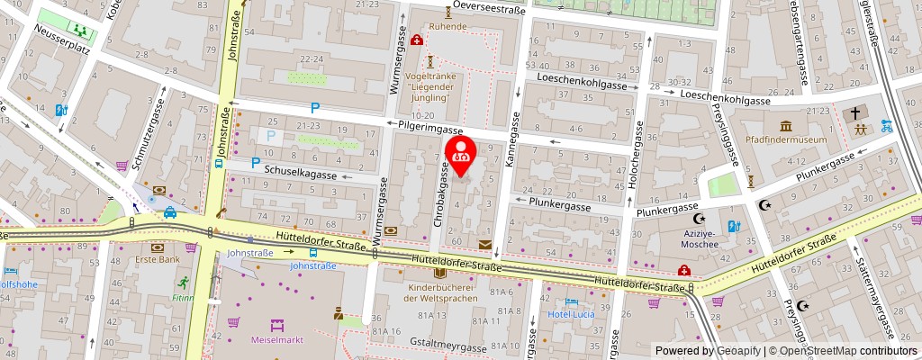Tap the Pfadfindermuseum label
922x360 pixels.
pos(787,140)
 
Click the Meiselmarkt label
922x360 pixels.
pos(276,340)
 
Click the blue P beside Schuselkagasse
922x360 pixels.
pos(256,163)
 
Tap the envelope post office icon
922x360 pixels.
pos(486,244)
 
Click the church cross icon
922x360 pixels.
pos(853,113)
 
